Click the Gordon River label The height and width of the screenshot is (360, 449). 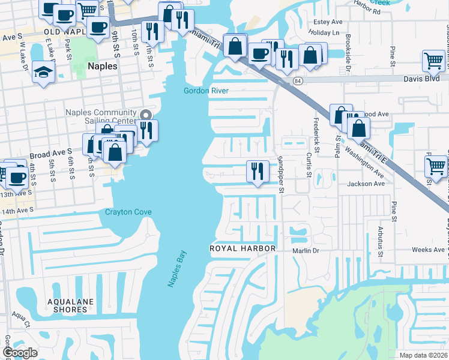point(206,91)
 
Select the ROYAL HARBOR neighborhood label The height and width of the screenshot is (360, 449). point(242,248)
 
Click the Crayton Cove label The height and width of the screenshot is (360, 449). point(128,212)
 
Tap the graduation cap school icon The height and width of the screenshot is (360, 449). point(43,73)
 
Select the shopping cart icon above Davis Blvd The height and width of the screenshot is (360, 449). point(433,61)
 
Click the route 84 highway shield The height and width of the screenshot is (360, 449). point(298,80)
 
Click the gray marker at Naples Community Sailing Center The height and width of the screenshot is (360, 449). point(145,115)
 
